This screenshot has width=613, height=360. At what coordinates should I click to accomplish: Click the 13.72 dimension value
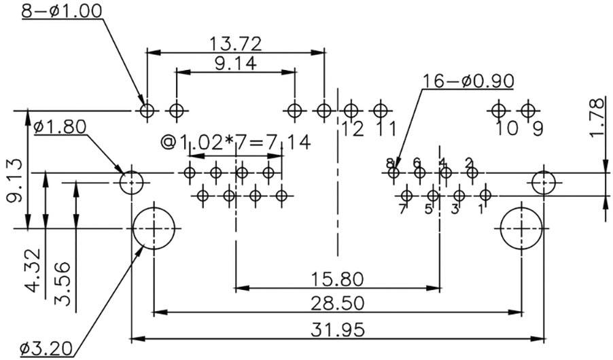click(235, 44)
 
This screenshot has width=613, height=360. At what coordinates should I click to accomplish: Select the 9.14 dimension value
click(235, 63)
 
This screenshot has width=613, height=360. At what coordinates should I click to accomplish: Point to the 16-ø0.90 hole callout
click(468, 82)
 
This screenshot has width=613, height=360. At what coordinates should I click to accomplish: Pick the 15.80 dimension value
click(337, 279)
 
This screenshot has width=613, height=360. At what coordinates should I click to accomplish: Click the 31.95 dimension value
click(337, 329)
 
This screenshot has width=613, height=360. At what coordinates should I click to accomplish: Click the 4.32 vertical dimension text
click(33, 270)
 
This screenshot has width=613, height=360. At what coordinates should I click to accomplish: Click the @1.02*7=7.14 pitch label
click(235, 142)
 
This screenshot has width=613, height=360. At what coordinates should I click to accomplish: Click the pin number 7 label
click(402, 209)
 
